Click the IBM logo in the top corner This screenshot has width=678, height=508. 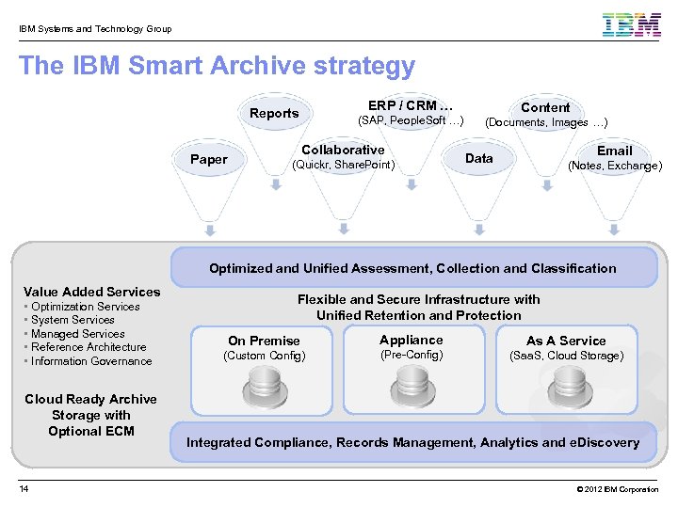point(632,24)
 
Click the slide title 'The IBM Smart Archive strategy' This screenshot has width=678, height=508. point(217,66)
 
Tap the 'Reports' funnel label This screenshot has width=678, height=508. point(274,113)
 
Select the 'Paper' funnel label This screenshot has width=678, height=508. point(208,159)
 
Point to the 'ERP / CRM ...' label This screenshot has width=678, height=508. point(411,105)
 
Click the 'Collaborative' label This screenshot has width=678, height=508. point(343,150)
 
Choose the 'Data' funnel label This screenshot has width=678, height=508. point(478,158)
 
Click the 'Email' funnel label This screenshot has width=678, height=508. point(614,151)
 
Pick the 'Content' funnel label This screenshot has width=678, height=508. point(545,107)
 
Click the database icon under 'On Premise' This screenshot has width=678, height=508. point(264,387)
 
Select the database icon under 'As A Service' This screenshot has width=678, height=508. point(566,387)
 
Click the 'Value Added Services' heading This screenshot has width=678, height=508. point(91,292)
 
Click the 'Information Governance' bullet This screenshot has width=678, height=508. point(90,361)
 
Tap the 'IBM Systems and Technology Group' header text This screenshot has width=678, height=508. point(94,29)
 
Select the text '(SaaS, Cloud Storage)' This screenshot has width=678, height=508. point(566,356)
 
